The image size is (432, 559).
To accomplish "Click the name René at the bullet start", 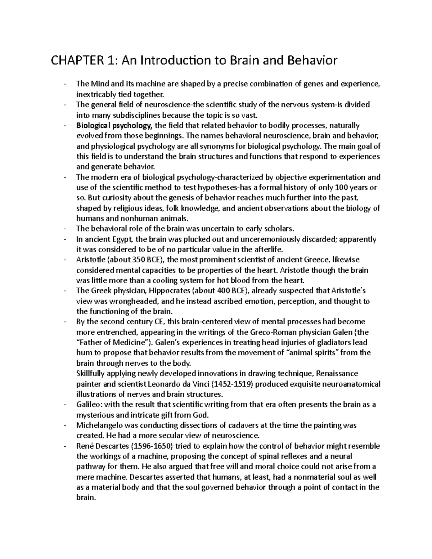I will (x=85, y=446).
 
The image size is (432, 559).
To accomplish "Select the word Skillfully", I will (x=93, y=374).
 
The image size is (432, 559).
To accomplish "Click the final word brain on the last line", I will (x=86, y=498).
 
